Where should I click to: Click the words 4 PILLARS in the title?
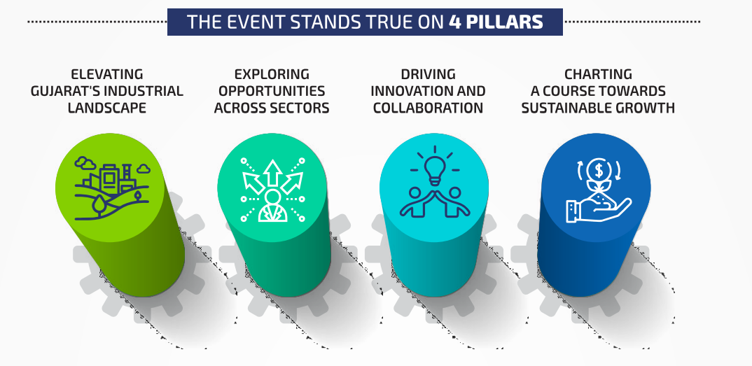coord(496,22)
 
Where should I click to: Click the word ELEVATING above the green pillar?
coord(107,74)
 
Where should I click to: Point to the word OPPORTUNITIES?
coord(272,91)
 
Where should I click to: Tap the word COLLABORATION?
coord(429,108)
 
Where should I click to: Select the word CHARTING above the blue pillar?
coord(598,74)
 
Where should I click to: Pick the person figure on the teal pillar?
coord(273,206)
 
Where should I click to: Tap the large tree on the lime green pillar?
coord(99,206)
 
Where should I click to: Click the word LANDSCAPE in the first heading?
coord(107,108)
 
